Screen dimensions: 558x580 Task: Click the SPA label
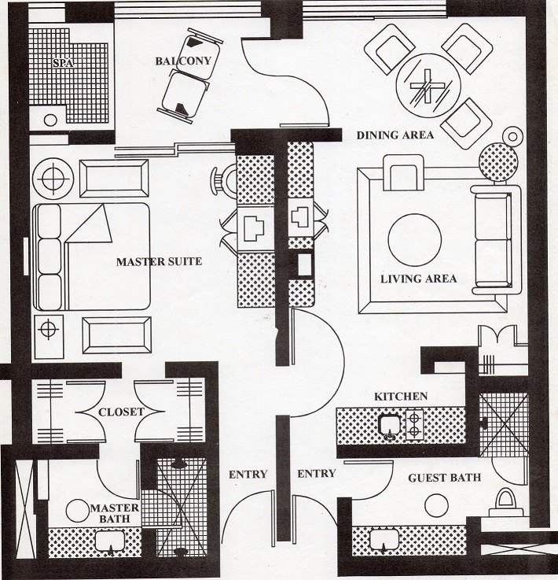point(63,63)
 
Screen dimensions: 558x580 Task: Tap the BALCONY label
point(183,61)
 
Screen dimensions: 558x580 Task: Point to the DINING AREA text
point(395,135)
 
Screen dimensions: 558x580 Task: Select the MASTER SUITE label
point(160,261)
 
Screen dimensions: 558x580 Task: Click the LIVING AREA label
point(418,279)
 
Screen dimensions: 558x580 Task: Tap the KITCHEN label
point(401,397)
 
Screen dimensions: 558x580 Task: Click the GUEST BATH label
point(445,478)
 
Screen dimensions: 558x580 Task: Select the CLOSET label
point(121,412)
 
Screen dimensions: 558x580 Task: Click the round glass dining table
point(428,86)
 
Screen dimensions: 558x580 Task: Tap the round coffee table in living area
point(415,239)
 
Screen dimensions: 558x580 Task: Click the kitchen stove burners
point(414,425)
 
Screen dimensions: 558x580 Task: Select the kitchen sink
point(390,427)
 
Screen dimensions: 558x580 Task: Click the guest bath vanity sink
point(384,541)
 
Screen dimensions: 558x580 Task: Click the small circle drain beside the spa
point(50,120)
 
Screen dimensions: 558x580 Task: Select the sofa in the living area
point(496,240)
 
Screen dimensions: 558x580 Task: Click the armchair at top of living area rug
point(403,172)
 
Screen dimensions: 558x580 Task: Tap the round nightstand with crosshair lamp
point(53,179)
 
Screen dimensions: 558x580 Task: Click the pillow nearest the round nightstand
point(49,221)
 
